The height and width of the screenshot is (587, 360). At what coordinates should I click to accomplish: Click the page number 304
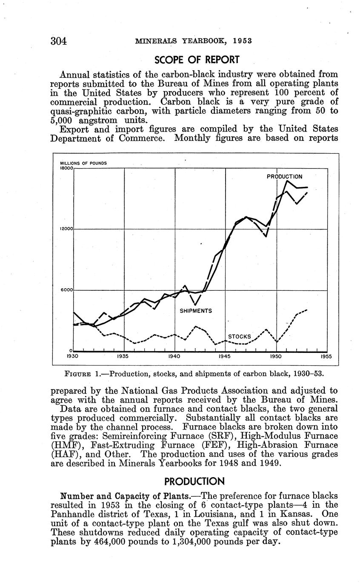[x=59, y=41]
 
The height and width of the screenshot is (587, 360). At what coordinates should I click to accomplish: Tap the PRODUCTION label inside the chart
[x=285, y=176]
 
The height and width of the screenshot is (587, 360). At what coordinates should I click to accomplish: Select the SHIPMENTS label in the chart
[x=196, y=311]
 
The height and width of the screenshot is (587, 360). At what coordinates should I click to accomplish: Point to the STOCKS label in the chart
[x=240, y=337]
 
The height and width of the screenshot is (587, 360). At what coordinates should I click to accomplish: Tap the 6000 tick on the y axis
[x=67, y=290]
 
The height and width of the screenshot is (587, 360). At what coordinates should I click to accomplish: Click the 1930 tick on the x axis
[x=74, y=357]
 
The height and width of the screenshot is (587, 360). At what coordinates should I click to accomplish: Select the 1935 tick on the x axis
[x=124, y=357]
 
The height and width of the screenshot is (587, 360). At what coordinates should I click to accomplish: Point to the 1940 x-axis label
[x=175, y=357]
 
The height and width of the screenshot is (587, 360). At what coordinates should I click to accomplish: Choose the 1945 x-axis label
[x=226, y=357]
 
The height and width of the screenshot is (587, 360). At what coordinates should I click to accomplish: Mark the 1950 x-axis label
[x=276, y=357]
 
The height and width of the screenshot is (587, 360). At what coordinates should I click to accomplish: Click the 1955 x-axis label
[x=326, y=357]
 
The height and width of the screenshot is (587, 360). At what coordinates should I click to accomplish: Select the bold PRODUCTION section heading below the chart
[x=194, y=481]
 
